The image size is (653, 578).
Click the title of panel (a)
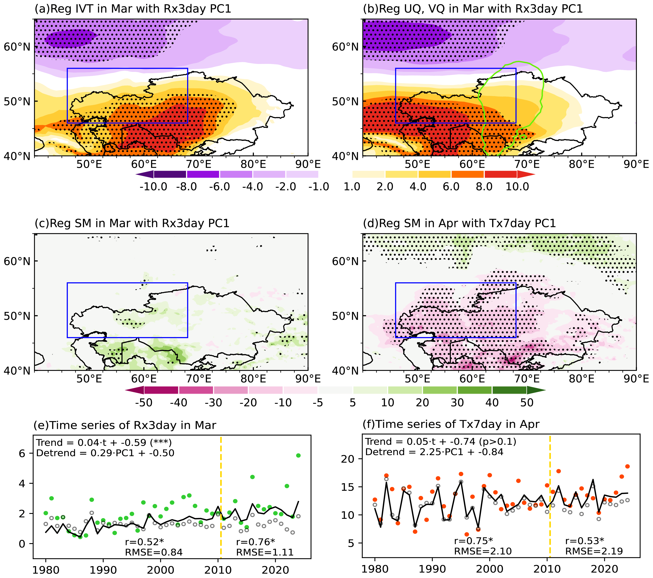tap(133, 9)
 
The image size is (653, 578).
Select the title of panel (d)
tap(459, 223)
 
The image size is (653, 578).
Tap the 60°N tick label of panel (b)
tap(345, 47)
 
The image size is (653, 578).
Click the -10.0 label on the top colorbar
tap(153, 187)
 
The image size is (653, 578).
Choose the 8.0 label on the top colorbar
tap(484, 187)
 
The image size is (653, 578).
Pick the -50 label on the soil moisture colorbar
tap(144, 403)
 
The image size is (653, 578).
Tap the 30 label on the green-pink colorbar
tap(457, 403)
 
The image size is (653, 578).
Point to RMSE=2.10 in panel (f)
tap(483, 551)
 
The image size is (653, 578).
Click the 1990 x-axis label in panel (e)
tap(103, 570)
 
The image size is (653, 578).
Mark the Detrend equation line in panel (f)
tap(434, 452)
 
